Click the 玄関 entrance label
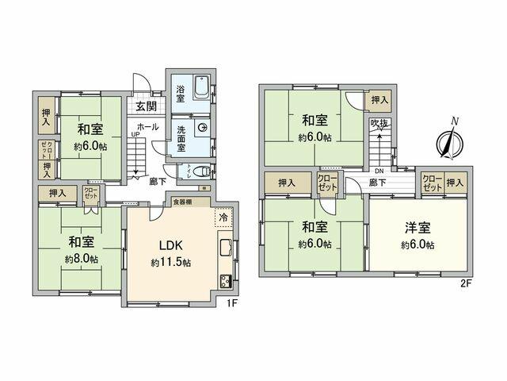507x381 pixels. pyautogui.click(x=145, y=107)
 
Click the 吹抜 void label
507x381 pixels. pyautogui.click(x=379, y=125)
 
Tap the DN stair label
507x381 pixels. pyautogui.click(x=379, y=171)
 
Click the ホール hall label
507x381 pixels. pyautogui.click(x=147, y=126)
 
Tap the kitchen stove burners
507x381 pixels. pyautogui.click(x=224, y=279)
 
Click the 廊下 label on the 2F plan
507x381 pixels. pyautogui.click(x=377, y=183)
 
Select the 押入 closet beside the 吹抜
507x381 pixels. pyautogui.click(x=379, y=100)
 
